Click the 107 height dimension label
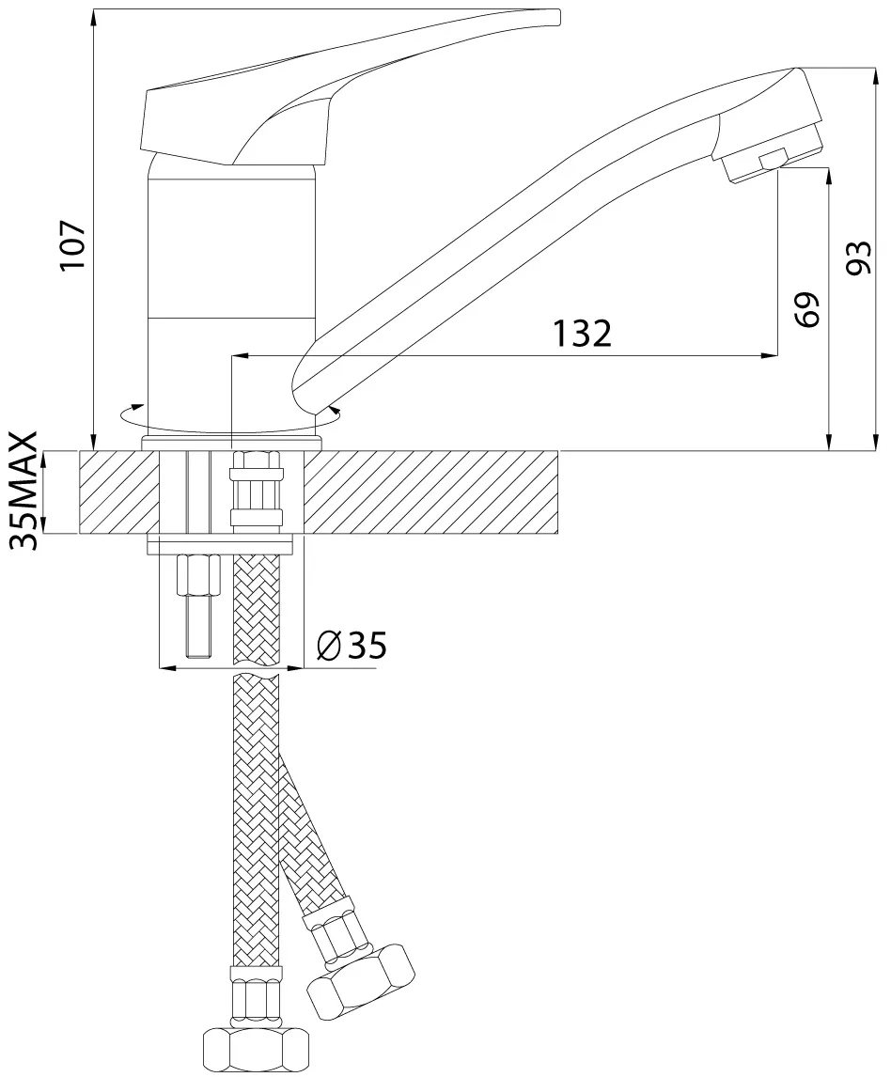tap(72, 245)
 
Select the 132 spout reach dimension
tap(582, 334)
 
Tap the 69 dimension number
tap(808, 310)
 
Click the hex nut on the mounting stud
tap(199, 577)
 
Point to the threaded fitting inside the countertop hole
tap(257, 489)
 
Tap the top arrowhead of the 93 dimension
tap(875, 77)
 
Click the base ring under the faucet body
tap(231, 443)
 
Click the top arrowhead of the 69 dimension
tap(829, 177)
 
